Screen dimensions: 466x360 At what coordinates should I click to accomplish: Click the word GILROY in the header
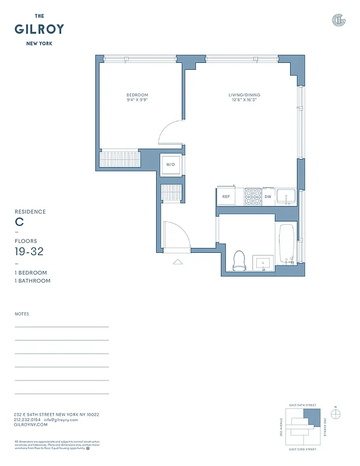[39, 29]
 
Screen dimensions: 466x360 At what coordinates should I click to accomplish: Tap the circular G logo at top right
[338, 20]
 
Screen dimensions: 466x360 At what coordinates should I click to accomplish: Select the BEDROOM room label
[137, 95]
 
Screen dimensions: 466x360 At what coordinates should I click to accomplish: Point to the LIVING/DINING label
[244, 95]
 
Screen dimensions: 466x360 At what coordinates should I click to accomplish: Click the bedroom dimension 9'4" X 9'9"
[137, 100]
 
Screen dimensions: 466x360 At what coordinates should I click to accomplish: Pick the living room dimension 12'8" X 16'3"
[244, 100]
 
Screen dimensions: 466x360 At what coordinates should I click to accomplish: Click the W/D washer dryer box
[171, 165]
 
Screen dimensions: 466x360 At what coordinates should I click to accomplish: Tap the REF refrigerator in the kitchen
[226, 197]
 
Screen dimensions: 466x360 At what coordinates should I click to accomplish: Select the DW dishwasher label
[268, 197]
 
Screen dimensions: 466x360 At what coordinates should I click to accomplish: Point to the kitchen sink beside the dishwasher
[285, 197]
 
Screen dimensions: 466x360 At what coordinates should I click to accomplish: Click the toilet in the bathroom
[239, 260]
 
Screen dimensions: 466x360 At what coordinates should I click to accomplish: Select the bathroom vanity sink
[264, 263]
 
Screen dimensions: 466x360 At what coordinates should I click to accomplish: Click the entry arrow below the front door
[178, 262]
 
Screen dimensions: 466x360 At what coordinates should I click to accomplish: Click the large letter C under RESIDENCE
[19, 222]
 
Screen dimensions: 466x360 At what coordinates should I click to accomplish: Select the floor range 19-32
[29, 252]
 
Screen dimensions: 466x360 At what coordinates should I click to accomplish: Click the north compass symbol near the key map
[336, 414]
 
